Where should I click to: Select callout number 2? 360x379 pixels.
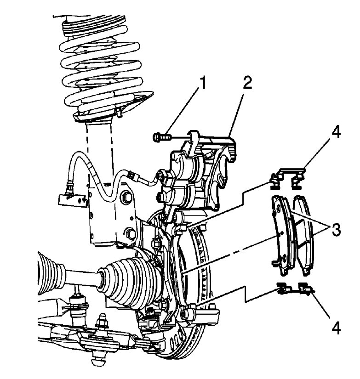247,84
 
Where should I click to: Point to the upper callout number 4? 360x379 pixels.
336,134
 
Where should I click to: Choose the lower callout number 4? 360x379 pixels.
336,329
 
